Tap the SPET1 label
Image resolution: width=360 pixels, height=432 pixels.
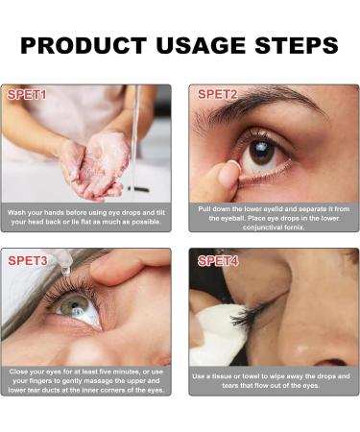[27, 95]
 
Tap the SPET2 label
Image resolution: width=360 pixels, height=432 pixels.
[218, 94]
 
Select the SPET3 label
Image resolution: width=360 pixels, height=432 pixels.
[28, 260]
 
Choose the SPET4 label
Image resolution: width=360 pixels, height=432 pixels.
[218, 260]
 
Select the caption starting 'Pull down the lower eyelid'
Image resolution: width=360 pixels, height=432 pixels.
[274, 217]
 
